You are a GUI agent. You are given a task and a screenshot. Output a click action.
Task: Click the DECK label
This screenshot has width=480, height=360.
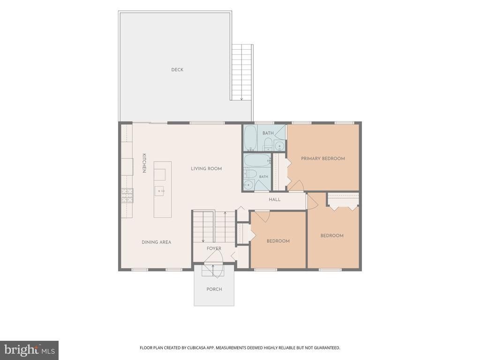tap(177, 70)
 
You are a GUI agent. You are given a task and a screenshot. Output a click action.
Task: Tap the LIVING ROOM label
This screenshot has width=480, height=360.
tap(206, 169)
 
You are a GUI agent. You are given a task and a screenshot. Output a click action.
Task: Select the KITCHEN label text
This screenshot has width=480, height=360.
tap(144, 163)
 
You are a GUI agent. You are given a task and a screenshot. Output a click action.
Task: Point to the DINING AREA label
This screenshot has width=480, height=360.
tap(157, 242)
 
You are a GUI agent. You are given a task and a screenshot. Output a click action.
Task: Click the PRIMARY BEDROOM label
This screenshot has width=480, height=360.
tap(323, 158)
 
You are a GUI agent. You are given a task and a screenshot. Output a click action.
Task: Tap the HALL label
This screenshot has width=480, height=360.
tap(275, 200)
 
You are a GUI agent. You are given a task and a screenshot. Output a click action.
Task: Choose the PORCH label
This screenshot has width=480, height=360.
tap(214, 289)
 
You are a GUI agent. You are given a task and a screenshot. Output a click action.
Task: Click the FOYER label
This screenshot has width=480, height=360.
tap(214, 248)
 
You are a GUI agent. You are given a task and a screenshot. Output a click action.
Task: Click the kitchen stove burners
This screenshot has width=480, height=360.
tap(127, 195)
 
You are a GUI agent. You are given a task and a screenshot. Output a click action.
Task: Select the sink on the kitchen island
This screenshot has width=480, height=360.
tap(159, 191)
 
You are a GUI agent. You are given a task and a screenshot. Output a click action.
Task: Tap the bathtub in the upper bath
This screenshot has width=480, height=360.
tap(251, 138)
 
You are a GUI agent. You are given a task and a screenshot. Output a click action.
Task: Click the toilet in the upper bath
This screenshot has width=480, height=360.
tap(268, 143)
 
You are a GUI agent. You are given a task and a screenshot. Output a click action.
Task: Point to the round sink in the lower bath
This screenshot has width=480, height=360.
tap(248, 185)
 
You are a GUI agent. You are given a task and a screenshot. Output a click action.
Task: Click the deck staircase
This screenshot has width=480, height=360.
tap(242, 72)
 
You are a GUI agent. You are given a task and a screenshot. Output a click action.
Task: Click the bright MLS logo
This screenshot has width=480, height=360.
tap(30, 350)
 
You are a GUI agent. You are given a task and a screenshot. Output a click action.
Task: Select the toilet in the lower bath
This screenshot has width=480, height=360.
tap(251, 174)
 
